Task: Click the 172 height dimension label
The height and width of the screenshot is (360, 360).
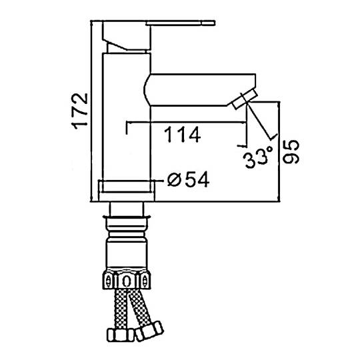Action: (x=80, y=111)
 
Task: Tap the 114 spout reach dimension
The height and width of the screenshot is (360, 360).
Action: (x=183, y=135)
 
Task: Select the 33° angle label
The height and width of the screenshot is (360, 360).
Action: (x=259, y=157)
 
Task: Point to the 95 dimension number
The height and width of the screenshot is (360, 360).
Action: (x=291, y=152)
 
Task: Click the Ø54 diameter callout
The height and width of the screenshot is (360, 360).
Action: (x=188, y=179)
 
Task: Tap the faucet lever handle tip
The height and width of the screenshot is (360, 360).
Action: (x=213, y=23)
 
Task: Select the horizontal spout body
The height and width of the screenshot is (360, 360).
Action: (x=200, y=90)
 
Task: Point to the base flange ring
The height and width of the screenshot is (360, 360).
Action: (x=127, y=191)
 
